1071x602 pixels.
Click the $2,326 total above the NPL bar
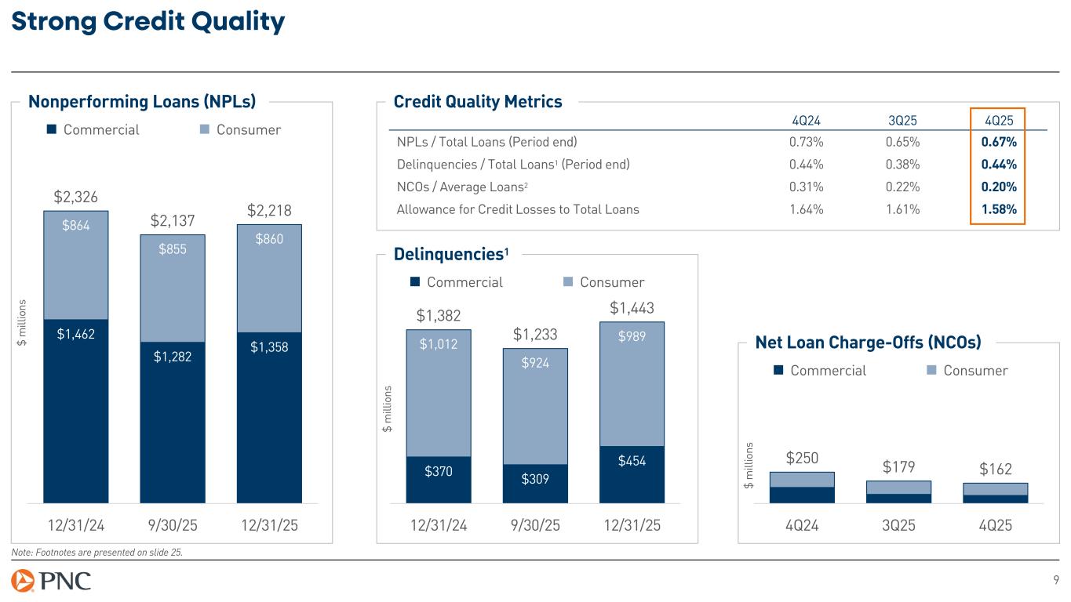(x=75, y=196)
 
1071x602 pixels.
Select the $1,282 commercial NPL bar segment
(x=172, y=357)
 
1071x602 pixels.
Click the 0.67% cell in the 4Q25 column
(x=998, y=142)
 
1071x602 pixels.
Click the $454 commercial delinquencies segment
(x=632, y=462)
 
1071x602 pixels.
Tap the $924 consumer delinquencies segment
(x=535, y=363)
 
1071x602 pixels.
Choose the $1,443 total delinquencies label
(x=632, y=308)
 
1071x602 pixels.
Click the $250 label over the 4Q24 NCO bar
(x=801, y=458)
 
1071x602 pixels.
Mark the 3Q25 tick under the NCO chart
(x=898, y=525)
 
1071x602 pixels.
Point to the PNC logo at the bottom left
(x=51, y=581)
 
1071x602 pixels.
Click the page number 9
(x=1055, y=581)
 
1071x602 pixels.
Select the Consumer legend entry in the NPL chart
(x=240, y=129)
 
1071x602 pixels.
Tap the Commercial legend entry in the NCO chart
(x=820, y=370)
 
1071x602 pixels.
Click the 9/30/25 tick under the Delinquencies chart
(x=535, y=525)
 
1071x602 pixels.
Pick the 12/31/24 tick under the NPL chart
(x=75, y=525)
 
